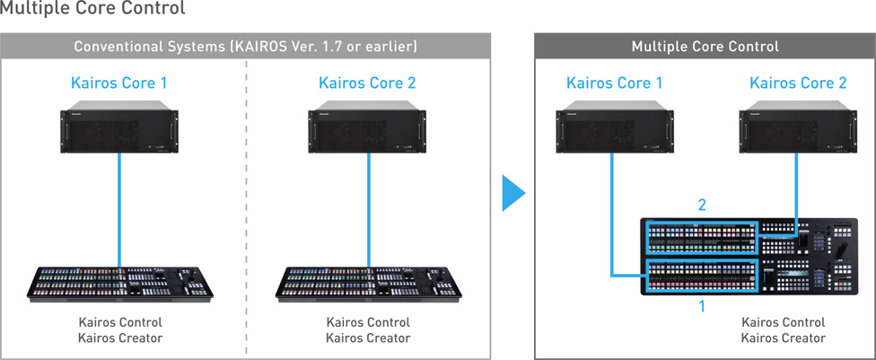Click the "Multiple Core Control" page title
coord(92,8)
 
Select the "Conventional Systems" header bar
coord(246,46)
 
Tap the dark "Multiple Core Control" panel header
coord(705,46)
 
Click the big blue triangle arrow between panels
coord(513,193)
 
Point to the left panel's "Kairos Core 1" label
coord(119,83)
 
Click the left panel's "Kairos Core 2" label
coord(367,83)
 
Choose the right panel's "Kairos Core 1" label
coord(615,83)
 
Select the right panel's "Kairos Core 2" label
coord(798,83)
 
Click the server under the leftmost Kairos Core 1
coord(119,127)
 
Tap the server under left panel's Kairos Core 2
coord(367,127)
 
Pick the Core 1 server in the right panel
coord(615,127)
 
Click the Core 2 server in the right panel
coord(798,127)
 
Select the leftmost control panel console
coord(120,284)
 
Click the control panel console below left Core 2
coord(368,284)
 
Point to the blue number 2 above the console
coord(702,206)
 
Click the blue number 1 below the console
coord(702,306)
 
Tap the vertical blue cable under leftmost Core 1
coord(119,210)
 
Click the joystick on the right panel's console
coord(845,247)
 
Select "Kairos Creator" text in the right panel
coord(784,338)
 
